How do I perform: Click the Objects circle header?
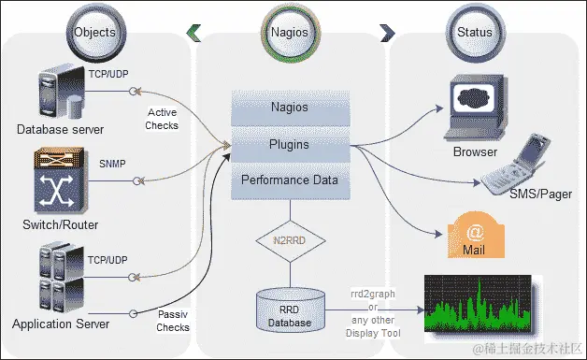94,32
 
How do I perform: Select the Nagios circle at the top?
290,32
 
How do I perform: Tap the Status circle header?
475,32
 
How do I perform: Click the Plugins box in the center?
289,145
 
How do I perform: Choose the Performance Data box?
289,180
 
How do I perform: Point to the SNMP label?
112,163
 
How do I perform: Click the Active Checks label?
163,119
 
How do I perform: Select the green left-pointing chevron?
193,33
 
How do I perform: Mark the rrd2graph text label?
372,293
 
